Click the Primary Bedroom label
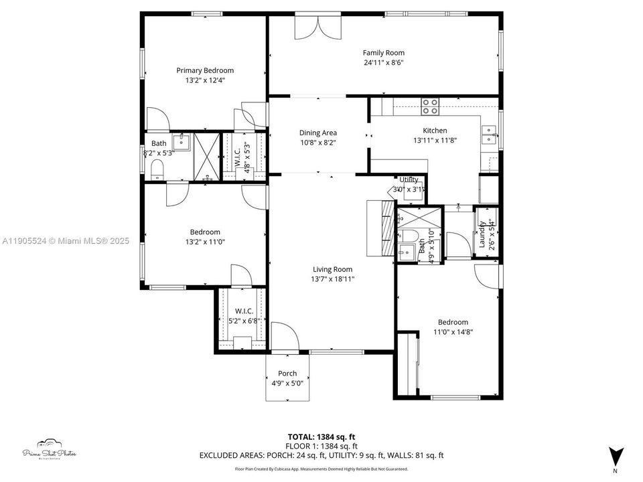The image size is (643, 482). (x=205, y=70)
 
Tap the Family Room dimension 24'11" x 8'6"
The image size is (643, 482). (x=384, y=63)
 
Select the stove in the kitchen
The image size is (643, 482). (x=430, y=106)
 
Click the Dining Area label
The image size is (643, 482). (x=318, y=133)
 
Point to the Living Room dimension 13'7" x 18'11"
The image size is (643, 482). (x=332, y=279)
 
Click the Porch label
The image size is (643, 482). (x=287, y=374)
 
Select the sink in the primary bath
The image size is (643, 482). (x=182, y=142)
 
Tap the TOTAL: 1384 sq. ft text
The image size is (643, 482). (x=321, y=436)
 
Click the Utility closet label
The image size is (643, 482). (x=409, y=179)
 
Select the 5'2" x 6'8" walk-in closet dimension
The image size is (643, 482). (x=243, y=321)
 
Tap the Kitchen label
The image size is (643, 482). (x=435, y=131)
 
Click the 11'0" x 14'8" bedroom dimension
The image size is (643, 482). (x=453, y=331)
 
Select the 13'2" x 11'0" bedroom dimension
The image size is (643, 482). (x=205, y=242)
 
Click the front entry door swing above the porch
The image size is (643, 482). (x=283, y=337)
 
